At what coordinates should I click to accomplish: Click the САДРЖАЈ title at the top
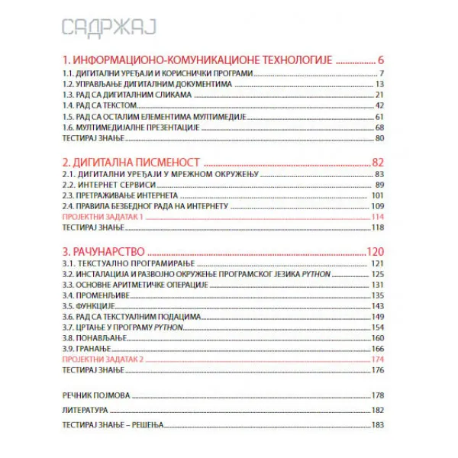(108, 28)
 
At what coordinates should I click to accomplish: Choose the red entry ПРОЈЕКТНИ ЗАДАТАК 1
(102, 218)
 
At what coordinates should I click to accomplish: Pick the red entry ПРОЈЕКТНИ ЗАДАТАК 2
(102, 360)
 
